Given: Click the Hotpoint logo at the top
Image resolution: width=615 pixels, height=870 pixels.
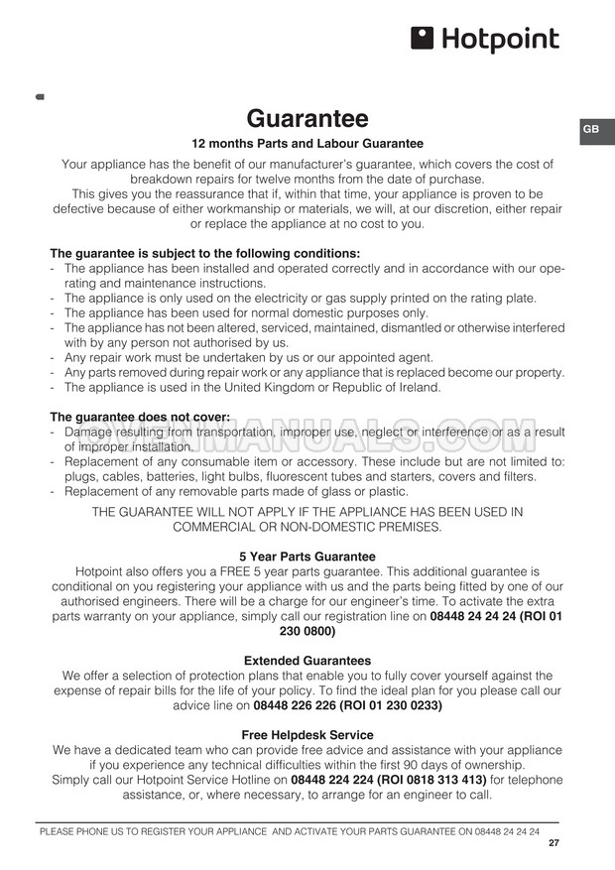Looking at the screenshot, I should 484,40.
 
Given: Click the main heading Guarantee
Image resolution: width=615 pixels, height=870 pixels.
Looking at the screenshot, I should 307,119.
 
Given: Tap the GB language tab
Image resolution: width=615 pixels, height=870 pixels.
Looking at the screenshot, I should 590,130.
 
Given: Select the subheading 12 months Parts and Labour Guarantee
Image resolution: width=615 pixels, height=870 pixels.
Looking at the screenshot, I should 307,144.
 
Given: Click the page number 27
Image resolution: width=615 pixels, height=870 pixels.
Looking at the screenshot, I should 553,843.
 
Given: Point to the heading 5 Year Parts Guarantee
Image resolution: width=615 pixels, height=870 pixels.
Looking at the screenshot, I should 307,557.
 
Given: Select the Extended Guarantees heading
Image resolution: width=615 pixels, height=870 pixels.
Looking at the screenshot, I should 307,660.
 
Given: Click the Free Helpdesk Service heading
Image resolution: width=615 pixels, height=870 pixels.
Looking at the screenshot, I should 307,735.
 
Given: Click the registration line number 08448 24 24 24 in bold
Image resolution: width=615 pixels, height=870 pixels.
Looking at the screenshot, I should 472,616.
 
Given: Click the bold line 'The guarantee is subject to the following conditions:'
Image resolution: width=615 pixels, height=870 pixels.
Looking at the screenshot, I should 205,253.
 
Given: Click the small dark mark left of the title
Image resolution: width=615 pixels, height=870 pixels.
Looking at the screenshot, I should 39,97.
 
